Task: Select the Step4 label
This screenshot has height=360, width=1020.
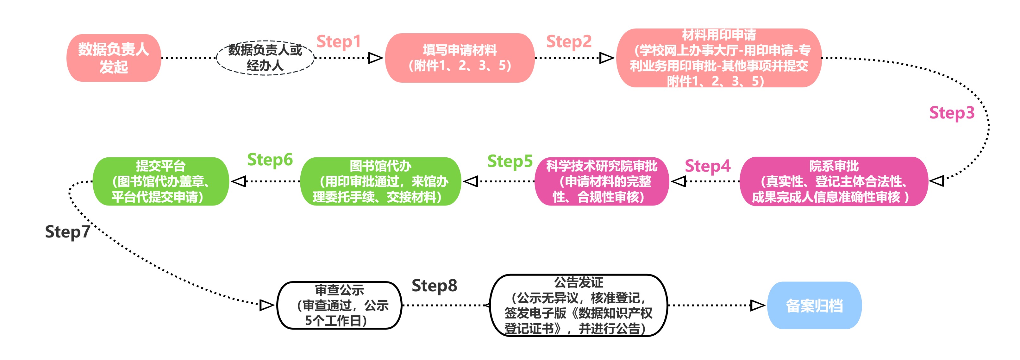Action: (x=707, y=166)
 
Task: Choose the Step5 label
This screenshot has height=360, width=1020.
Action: (x=510, y=161)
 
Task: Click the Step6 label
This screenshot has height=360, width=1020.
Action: (x=270, y=160)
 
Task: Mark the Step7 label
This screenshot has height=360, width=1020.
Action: (x=68, y=232)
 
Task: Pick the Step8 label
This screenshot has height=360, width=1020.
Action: (x=435, y=286)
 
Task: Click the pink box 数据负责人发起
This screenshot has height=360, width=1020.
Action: (x=114, y=58)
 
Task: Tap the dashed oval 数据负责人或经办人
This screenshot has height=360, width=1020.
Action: (x=265, y=58)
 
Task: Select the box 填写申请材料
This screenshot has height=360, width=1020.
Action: (x=460, y=58)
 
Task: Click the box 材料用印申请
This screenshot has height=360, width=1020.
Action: (x=719, y=58)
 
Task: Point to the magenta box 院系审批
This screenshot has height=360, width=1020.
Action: (x=834, y=181)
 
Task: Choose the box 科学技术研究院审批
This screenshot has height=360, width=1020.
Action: (x=602, y=181)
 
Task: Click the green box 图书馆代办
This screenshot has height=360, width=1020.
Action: (x=380, y=181)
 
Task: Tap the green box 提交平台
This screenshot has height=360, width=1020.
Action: (x=161, y=181)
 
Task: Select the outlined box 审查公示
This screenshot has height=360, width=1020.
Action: (x=339, y=305)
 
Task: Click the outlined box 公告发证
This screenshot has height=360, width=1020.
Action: (x=579, y=305)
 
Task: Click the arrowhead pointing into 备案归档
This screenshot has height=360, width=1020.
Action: (x=757, y=305)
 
